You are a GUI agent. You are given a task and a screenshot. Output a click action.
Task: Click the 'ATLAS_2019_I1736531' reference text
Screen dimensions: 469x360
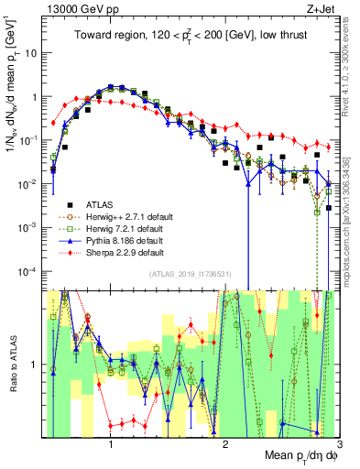click(195, 274)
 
